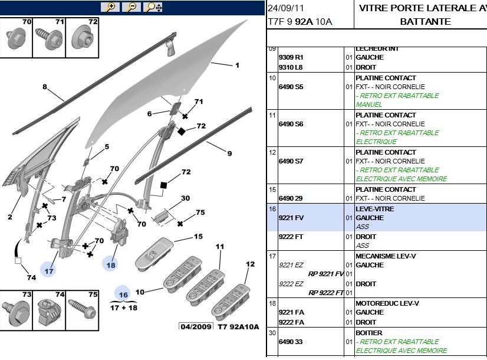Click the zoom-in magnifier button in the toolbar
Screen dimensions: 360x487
coord(110,7)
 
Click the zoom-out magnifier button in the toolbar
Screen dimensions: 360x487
coord(131,7)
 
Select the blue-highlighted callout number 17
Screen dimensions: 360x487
coord(49,270)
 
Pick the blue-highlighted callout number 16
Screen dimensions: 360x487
coord(123,295)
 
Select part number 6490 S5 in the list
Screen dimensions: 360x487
coord(290,87)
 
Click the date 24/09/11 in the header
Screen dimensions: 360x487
coord(286,8)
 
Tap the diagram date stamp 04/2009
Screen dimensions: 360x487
coord(195,326)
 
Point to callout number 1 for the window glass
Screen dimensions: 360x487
coord(237,66)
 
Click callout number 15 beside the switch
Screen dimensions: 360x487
coord(198,237)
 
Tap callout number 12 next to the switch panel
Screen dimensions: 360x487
coord(249,264)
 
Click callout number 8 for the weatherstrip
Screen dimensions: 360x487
coord(44,87)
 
